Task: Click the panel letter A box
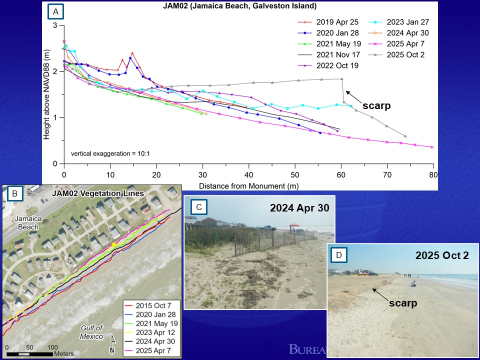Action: (x=54, y=10)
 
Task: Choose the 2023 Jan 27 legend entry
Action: (x=405, y=22)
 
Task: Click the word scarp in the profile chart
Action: (x=376, y=106)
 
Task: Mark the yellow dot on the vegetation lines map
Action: (x=114, y=244)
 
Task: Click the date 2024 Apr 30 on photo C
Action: (x=299, y=207)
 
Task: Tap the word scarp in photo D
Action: (x=403, y=303)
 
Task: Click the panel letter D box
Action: (x=338, y=255)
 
